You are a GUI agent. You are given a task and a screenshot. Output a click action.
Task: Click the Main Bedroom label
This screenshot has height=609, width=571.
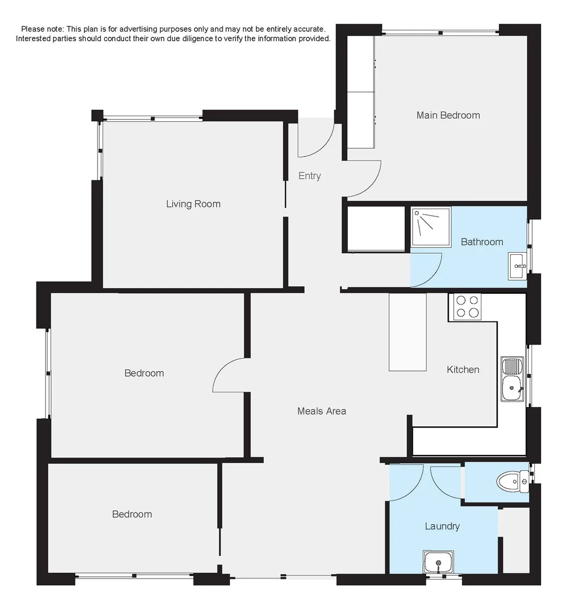448,115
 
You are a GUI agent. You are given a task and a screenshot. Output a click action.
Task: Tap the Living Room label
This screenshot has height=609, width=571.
193,204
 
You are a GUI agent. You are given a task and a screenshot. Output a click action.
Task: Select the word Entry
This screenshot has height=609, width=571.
309,176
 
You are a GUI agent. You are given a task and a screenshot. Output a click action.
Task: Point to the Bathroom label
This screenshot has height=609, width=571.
482,242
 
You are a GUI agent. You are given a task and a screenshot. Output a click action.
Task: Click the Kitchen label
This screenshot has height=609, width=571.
463,369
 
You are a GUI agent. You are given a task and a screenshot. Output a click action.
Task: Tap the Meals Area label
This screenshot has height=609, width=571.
321,411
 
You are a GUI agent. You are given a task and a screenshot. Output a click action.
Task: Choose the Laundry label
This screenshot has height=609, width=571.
442,526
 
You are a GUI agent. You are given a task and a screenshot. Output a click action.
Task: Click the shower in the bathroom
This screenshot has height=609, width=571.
431,227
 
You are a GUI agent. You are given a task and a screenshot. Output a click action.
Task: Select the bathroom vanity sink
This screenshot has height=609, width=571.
517,266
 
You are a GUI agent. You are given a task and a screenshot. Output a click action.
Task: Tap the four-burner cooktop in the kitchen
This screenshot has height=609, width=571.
467,307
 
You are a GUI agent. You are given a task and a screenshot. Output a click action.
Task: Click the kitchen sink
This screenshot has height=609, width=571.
512,379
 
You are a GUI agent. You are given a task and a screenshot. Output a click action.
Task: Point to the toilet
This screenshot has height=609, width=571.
511,481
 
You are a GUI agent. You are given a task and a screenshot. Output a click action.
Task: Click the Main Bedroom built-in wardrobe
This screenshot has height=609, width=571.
361,92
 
